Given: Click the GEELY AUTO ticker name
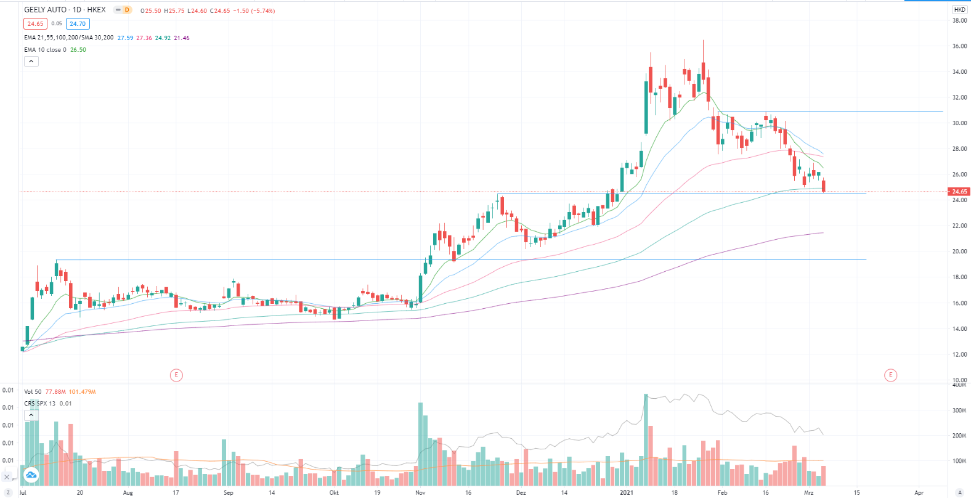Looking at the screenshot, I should pos(45,10).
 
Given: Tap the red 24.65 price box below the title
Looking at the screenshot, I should pos(35,24).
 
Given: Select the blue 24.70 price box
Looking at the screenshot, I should pos(78,24).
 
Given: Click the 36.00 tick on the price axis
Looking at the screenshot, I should pos(959,46).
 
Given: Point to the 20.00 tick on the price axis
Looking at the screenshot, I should pos(959,251).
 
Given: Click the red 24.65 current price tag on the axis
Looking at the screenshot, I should pos(959,192).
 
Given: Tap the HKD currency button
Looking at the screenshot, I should pos(959,9).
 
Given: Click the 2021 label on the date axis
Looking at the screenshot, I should pos(626,492).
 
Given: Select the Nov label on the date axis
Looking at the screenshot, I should pos(420,492).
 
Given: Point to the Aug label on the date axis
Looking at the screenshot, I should pos(128,492).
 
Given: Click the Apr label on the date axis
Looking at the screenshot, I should pos(919,492).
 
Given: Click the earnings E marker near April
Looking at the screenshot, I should pos(890,375).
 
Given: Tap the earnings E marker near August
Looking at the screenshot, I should pos(176,375).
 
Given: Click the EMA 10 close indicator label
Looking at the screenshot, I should pos(46,50).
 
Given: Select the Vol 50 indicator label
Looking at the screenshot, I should pos(33,392).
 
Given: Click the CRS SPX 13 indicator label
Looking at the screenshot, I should pos(40,404).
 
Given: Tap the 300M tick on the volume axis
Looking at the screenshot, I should pos(959,410).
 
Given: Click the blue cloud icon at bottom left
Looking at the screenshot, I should pos(31,475).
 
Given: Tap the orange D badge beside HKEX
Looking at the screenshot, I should pos(126,10).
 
